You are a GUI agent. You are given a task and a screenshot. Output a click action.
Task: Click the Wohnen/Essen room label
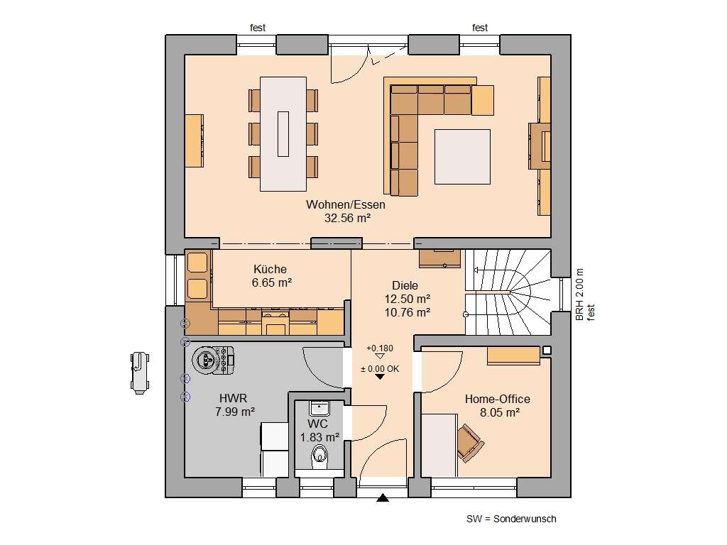pyautogui.click(x=336, y=204)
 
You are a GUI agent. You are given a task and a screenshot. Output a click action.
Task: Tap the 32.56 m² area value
pyautogui.click(x=347, y=218)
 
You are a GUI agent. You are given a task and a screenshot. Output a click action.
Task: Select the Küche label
pyautogui.click(x=270, y=269)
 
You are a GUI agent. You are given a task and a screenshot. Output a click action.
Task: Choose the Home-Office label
pyautogui.click(x=497, y=399)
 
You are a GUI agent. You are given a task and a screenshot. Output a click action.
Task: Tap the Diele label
pyautogui.click(x=405, y=285)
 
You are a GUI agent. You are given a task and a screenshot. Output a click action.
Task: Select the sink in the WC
pyautogui.click(x=319, y=409)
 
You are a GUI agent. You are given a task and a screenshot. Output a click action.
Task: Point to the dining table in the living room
pyautogui.click(x=283, y=133)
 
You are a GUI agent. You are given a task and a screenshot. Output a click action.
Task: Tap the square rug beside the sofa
pyautogui.click(x=462, y=156)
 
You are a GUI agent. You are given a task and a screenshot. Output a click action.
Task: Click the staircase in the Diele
pyautogui.click(x=508, y=291)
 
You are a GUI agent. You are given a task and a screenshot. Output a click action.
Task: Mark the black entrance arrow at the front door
pyautogui.click(x=383, y=498)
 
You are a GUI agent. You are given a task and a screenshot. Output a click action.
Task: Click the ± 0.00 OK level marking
pyautogui.click(x=379, y=369)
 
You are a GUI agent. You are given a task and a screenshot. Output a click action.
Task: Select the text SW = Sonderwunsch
pyautogui.click(x=511, y=519)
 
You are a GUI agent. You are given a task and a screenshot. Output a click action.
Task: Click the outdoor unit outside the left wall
pyautogui.click(x=138, y=371)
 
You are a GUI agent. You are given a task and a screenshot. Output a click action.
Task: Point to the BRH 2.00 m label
pyautogui.click(x=579, y=294)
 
